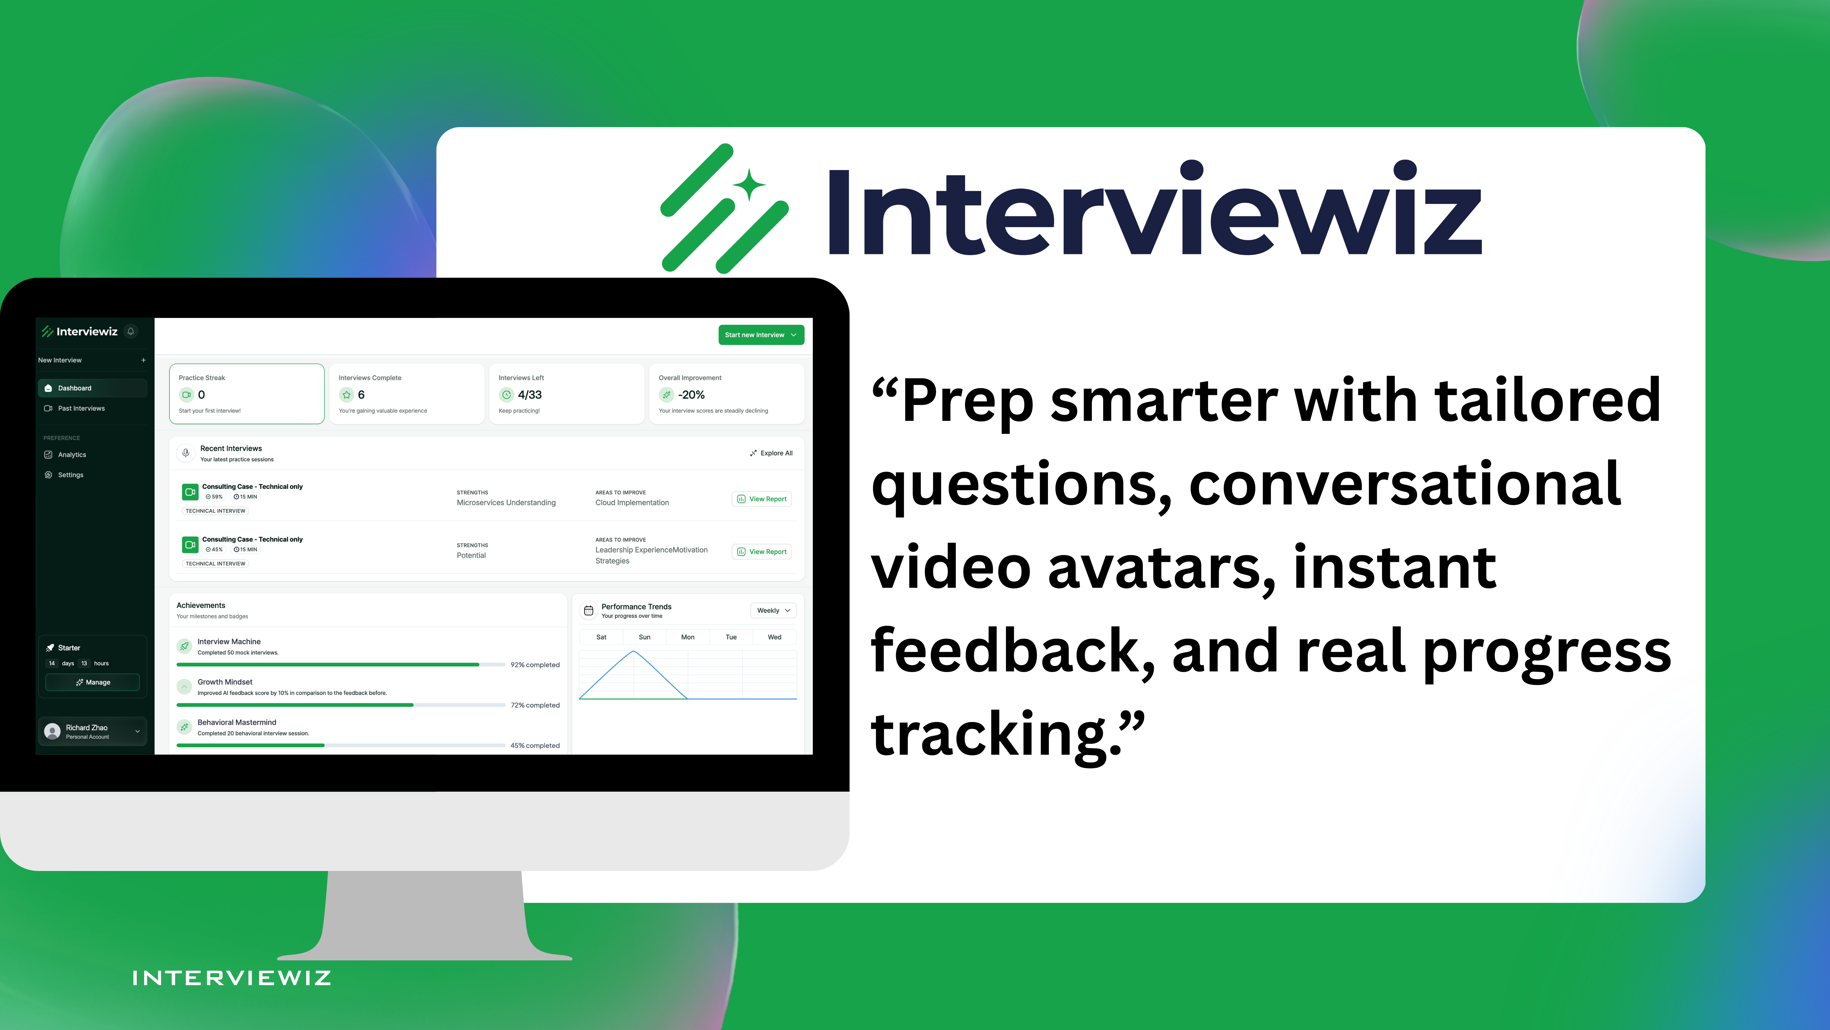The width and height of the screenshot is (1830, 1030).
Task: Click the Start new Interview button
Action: tap(760, 335)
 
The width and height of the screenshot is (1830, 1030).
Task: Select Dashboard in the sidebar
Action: tap(75, 388)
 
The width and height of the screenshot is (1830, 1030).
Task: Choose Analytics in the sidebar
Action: tap(72, 455)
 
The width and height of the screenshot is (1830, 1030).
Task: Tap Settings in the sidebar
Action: tap(70, 475)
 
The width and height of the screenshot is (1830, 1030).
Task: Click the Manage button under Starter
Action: tap(92, 682)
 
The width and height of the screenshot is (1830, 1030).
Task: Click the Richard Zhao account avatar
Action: tap(52, 732)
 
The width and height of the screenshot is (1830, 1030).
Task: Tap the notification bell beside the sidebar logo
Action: tap(131, 331)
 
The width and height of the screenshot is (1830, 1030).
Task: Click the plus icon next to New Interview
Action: tap(143, 360)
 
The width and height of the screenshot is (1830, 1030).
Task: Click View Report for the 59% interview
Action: tap(762, 499)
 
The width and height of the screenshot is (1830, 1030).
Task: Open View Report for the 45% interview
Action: tap(762, 551)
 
